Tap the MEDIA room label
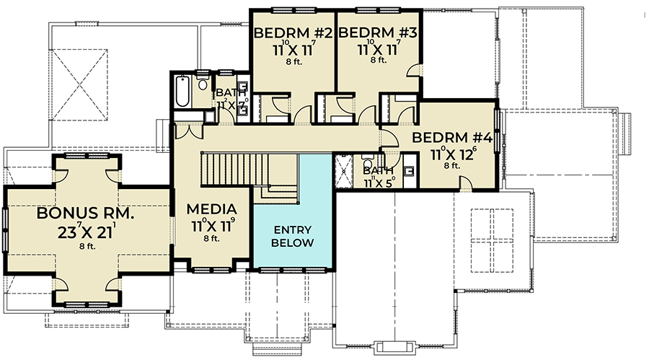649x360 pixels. pyautogui.click(x=212, y=209)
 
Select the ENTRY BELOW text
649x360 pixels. pyautogui.click(x=292, y=236)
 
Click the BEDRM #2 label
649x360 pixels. pyautogui.click(x=292, y=32)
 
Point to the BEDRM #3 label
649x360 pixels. pyautogui.click(x=378, y=32)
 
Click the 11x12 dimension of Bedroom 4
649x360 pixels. pyautogui.click(x=452, y=154)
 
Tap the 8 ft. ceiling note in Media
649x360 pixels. pyautogui.click(x=212, y=238)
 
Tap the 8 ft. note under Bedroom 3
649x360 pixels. pyautogui.click(x=378, y=61)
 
